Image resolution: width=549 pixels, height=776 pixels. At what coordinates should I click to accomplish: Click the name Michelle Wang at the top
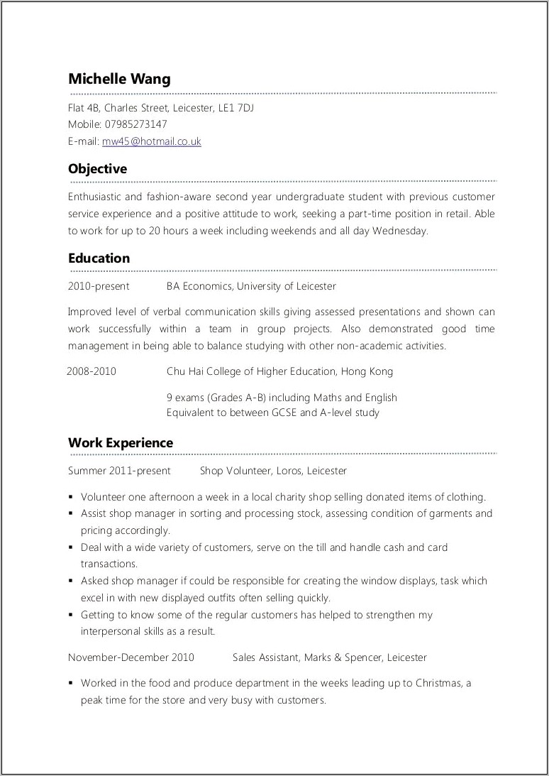coord(119,79)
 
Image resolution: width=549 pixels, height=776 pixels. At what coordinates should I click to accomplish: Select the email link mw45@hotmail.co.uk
coord(151,141)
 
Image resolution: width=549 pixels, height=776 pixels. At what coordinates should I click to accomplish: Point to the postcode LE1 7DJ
coord(235,108)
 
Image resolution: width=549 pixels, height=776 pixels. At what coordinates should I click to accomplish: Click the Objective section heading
coord(97,169)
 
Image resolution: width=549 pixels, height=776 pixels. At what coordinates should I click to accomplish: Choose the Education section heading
coord(99,258)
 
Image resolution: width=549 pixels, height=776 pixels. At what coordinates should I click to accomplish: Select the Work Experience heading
coord(120,443)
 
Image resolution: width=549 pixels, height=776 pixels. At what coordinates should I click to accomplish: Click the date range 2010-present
coord(99,286)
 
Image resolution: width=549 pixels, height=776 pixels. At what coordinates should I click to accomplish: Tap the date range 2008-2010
coord(91,371)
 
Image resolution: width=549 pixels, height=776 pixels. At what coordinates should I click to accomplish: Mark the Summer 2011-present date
coord(119,471)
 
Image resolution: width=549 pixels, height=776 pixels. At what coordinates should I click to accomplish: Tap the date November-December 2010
coord(131,657)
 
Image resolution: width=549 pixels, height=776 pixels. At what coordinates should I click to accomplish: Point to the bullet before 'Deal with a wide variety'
coord(72,548)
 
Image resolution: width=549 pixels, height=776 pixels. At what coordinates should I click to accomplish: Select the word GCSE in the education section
coord(283,412)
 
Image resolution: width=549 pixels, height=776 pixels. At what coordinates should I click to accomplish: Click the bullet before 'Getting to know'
coord(72,616)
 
